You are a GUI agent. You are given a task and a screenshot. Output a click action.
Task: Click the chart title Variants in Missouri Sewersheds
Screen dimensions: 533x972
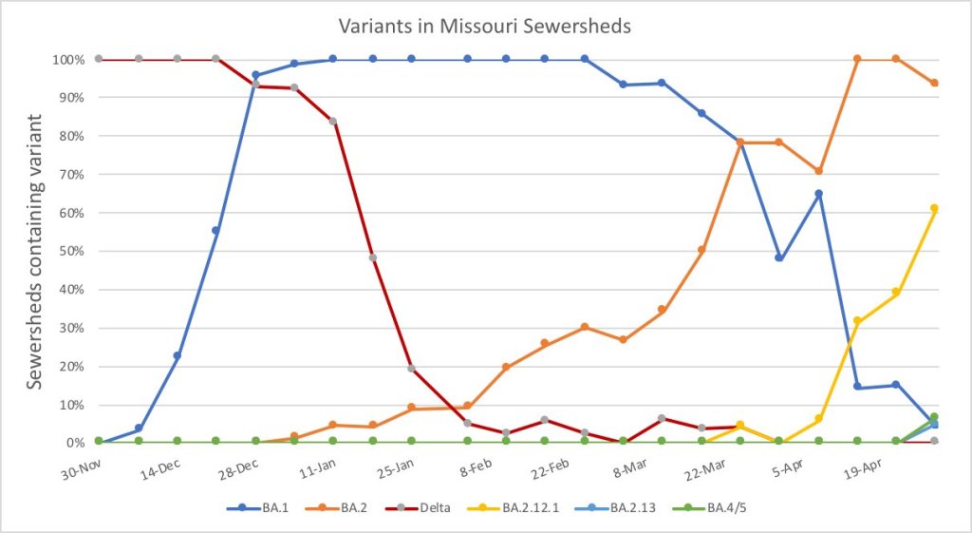click(x=485, y=26)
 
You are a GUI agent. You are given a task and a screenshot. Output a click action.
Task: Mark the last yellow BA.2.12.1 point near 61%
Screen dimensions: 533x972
click(x=934, y=208)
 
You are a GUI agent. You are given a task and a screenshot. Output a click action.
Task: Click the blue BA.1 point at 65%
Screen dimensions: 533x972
click(x=818, y=194)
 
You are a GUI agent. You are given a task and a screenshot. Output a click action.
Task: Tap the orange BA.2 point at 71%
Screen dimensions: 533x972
click(x=818, y=171)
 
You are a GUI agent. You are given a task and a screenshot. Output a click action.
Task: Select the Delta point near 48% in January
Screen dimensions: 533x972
click(x=372, y=257)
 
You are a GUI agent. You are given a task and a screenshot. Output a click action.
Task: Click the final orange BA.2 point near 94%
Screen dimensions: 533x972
click(x=934, y=84)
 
